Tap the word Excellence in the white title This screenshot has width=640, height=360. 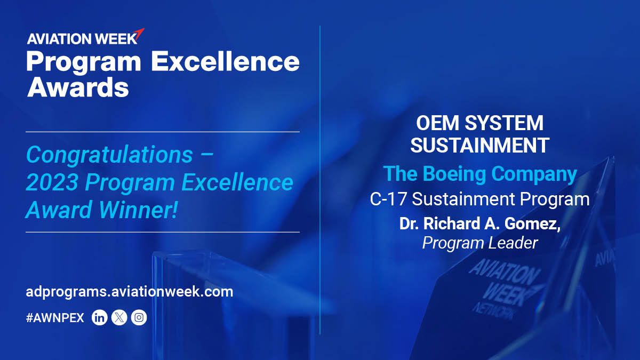point(225,62)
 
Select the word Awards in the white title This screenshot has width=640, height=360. point(78,87)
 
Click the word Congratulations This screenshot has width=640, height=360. point(109,155)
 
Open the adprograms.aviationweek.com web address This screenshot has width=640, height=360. point(130,292)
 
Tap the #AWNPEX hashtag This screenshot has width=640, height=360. point(55,318)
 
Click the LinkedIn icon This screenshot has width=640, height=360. point(100,318)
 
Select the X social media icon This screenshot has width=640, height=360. point(119,318)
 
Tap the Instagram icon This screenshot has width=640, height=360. point(139,318)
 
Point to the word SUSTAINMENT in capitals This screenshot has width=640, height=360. point(479,146)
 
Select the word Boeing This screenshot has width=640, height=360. point(459,174)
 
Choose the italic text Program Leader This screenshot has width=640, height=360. point(479,243)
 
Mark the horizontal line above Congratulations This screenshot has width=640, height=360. point(163,131)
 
